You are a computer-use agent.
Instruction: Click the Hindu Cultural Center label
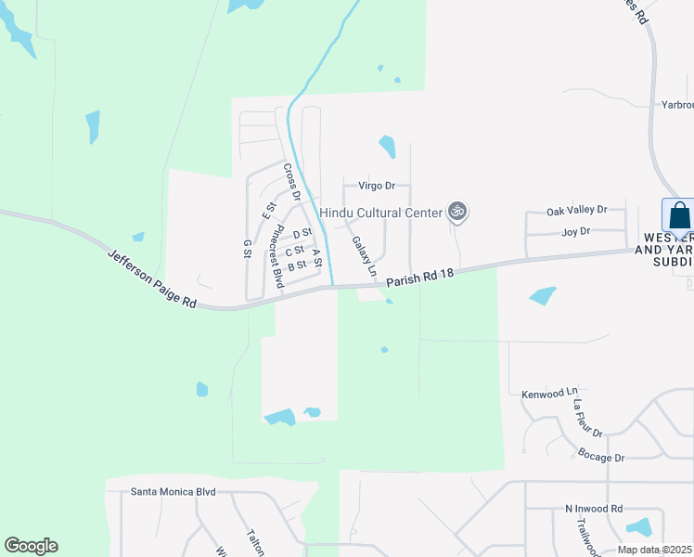380,213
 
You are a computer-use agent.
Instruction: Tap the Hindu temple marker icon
456,212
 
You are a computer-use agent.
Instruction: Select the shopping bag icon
680,215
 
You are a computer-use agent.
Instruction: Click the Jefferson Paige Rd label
152,278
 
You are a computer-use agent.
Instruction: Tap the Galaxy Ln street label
364,256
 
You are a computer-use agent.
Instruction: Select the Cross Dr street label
292,182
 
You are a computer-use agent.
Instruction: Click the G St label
248,249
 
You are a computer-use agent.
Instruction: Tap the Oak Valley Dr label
576,211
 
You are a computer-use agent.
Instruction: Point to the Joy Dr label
576,232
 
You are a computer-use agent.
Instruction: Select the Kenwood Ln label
548,393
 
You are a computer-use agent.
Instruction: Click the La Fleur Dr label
587,419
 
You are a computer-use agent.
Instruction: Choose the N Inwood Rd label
594,509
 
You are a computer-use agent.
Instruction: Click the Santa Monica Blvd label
173,491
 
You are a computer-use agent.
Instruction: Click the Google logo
31,546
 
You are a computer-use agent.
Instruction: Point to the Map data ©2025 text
655,550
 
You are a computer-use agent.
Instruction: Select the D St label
302,234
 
